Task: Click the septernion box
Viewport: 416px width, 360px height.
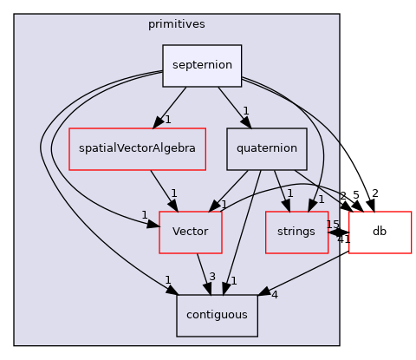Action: [202, 65]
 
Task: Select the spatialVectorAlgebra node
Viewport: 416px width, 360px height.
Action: [137, 148]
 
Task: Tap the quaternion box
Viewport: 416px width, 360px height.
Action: [267, 148]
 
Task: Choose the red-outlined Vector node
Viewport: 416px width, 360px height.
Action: [190, 232]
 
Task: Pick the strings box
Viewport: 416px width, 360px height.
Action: [296, 232]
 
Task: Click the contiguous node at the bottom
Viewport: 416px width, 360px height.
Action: [217, 315]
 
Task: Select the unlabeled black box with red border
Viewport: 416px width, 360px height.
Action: [380, 232]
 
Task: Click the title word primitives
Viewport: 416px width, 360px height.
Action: [176, 24]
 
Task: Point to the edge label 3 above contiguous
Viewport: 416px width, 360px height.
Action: [211, 277]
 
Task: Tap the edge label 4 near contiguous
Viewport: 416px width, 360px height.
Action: [274, 294]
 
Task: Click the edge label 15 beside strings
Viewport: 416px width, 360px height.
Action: [332, 225]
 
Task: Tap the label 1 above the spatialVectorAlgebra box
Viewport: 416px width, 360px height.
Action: [167, 120]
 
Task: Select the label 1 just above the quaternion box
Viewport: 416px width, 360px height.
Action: [246, 111]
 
